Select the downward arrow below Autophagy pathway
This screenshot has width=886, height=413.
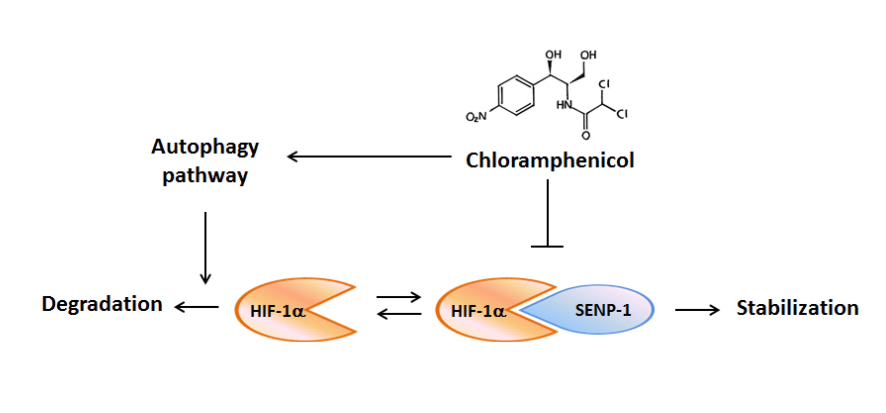click(205, 247)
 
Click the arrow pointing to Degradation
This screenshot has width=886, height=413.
click(197, 307)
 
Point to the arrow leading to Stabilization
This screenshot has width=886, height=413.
click(697, 310)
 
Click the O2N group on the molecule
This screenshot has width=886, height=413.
click(476, 117)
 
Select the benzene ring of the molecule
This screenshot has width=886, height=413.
click(516, 95)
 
